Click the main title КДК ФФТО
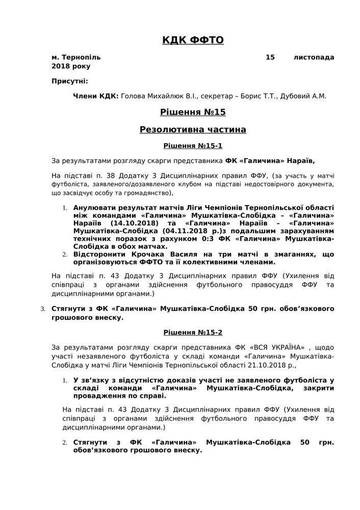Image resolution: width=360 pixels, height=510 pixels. (x=193, y=40)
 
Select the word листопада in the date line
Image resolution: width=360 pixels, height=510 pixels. (x=314, y=57)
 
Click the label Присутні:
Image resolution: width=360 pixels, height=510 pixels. (x=69, y=81)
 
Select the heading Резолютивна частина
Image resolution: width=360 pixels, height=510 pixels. (x=193, y=130)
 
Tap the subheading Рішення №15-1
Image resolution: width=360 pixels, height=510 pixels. (x=193, y=146)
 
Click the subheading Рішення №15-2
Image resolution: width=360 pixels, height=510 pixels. (x=193, y=333)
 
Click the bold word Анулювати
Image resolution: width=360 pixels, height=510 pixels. (x=95, y=208)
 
